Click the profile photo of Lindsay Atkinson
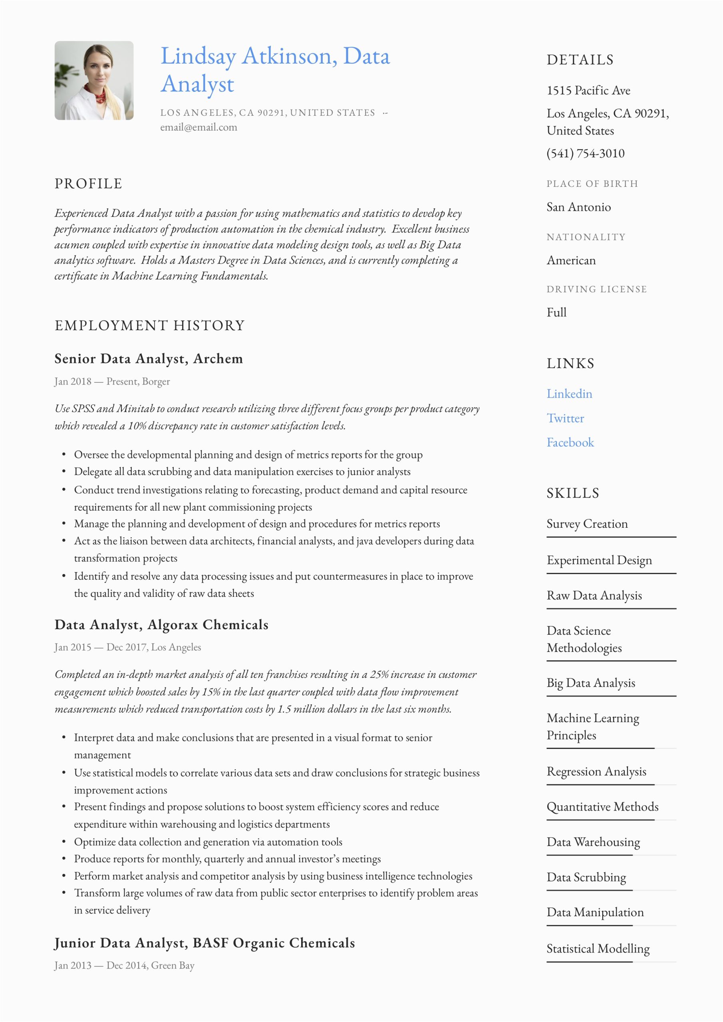point(94,81)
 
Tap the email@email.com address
point(199,127)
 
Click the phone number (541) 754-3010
point(585,153)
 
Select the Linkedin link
point(569,394)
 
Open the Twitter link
point(565,418)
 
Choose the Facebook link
point(570,442)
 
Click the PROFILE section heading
point(88,183)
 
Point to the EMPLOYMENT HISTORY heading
point(150,325)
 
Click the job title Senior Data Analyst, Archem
point(149,358)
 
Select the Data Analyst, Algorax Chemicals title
point(161,624)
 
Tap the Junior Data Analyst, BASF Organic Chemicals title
point(205,943)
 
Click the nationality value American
point(571,260)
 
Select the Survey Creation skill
point(587,524)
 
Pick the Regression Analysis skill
point(596,771)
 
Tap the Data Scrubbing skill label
point(586,877)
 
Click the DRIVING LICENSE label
point(596,289)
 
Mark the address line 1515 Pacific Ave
point(588,90)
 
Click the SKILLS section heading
point(573,493)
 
